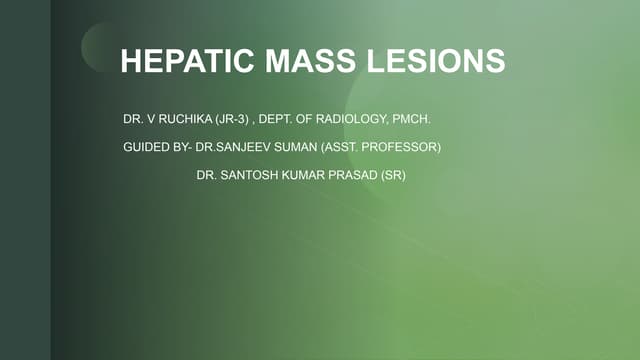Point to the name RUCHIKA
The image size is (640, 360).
(181, 120)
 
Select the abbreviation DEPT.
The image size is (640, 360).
(278, 120)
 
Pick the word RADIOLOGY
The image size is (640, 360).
(355, 120)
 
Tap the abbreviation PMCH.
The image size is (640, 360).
(413, 120)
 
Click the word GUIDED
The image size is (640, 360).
(145, 148)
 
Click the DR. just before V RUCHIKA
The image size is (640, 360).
(133, 120)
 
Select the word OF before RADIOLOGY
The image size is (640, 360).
(310, 120)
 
